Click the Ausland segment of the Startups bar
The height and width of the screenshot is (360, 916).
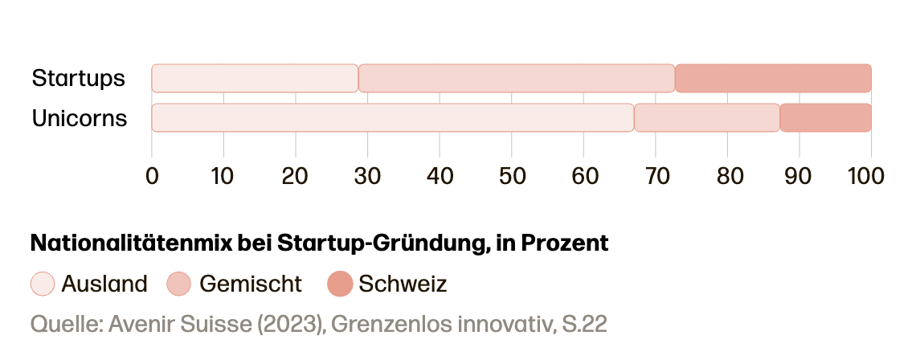click(x=255, y=79)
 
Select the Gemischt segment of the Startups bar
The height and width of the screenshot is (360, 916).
click(x=517, y=79)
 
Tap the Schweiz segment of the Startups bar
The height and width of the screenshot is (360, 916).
click(x=773, y=79)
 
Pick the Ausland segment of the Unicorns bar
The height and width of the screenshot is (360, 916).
click(x=393, y=117)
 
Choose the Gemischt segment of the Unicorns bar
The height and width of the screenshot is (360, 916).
click(x=707, y=117)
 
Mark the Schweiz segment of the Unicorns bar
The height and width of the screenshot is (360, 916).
click(x=825, y=117)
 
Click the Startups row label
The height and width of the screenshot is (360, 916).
click(x=79, y=79)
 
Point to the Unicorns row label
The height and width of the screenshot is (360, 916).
click(x=80, y=118)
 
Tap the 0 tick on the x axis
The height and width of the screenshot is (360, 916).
click(x=152, y=175)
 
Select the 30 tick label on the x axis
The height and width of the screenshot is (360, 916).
click(x=367, y=175)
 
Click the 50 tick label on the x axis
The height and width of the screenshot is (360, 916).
click(x=512, y=175)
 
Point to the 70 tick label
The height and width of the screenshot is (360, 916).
click(x=655, y=175)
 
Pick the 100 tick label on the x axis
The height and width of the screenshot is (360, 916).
click(x=866, y=175)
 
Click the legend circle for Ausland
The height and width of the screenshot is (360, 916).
click(x=43, y=284)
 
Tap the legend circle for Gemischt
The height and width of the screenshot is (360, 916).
click(x=178, y=284)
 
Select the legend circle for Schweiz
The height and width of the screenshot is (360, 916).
click(x=340, y=284)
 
